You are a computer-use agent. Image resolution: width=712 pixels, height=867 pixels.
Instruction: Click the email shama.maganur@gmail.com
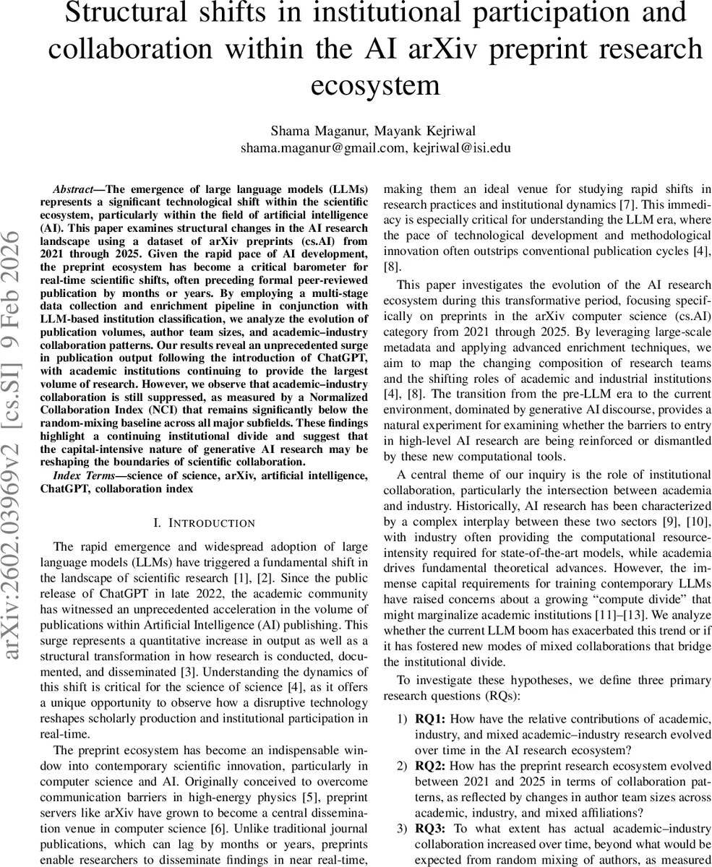[323, 148]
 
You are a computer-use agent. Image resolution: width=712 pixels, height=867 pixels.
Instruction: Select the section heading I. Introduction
[205, 522]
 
